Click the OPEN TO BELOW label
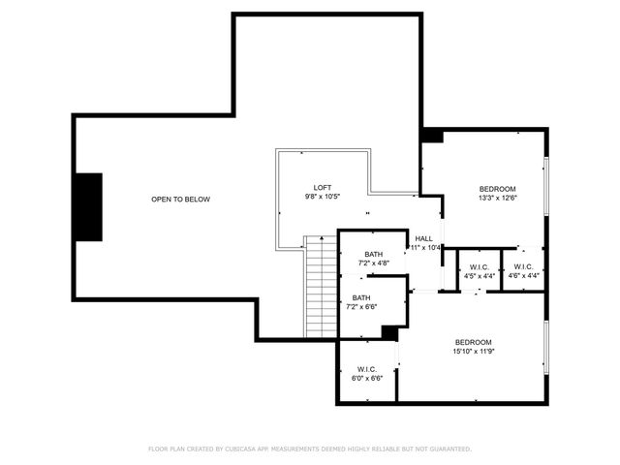pos(180,200)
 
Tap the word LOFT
pos(323,187)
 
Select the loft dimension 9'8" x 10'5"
pos(323,197)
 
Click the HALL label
pos(423,238)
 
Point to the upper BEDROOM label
pos(497,188)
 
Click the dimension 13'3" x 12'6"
pos(497,198)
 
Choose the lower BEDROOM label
pos(474,342)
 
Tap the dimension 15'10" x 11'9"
pos(474,352)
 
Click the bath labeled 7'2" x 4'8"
pos(360,259)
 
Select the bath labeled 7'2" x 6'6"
pos(360,302)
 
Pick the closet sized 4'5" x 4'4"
pos(479,271)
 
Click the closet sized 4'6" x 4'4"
pos(523,271)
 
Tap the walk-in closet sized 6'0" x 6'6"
pos(366,373)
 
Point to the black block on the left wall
pos(89,207)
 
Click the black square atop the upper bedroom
pos(432,137)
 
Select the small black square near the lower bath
pos(389,332)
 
